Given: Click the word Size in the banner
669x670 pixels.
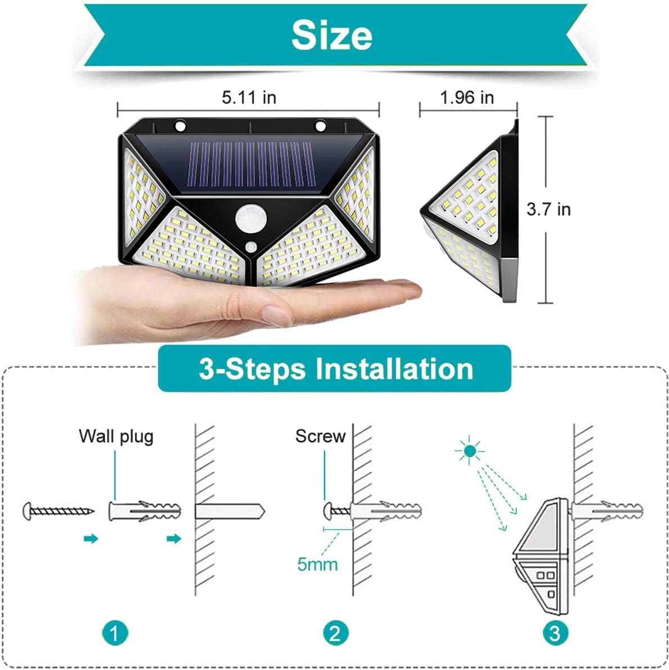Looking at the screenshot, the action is (331, 35).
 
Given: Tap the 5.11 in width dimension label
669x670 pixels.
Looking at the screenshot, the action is (249, 98).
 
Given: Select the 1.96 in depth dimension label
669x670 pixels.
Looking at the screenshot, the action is (467, 98).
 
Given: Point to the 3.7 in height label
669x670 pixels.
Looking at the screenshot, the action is (548, 209).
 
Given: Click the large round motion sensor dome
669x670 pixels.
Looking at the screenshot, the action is (251, 218).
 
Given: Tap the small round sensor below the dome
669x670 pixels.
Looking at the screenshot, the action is (251, 247).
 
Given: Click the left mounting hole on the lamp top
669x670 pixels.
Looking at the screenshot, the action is (180, 126).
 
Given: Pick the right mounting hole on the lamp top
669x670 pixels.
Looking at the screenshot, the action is (320, 126).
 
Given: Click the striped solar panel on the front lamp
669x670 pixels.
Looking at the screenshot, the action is (252, 164).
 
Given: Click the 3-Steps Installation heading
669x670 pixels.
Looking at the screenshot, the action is (336, 369).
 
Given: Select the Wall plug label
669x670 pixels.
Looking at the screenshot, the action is (116, 437).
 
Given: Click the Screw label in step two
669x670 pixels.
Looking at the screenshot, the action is (320, 436).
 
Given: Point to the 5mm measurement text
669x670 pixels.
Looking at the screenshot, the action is (317, 565).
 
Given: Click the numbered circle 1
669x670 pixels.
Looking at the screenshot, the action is (115, 633).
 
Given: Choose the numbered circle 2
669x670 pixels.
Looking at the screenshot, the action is (335, 633).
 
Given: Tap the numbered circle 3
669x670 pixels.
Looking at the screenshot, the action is (555, 633).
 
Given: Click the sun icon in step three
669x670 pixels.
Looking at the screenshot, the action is (470, 451).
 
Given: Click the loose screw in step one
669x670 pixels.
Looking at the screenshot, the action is (58, 511).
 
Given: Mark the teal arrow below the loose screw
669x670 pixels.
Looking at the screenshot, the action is (91, 538).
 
